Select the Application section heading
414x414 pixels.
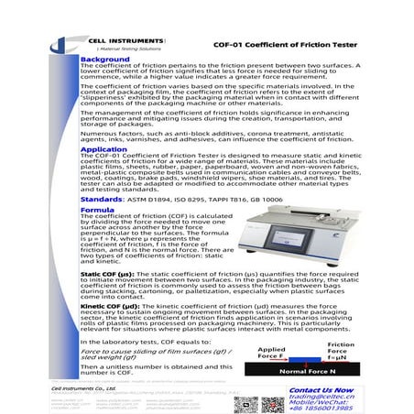coord(104,148)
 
